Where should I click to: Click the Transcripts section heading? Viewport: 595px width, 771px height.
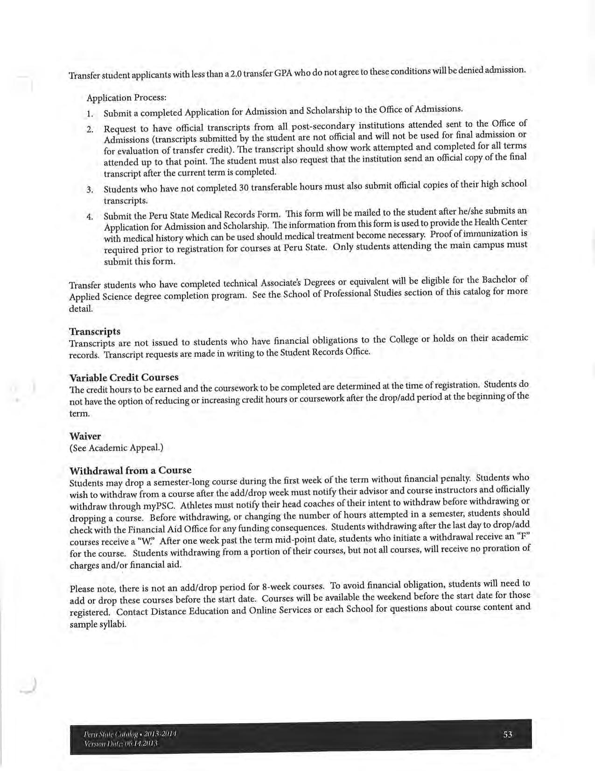coord(95,331)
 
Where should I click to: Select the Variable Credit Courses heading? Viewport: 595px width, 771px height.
coord(124,377)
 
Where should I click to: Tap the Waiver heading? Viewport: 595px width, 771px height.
coord(85,436)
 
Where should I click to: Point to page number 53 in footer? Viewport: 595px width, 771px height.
coord(508,734)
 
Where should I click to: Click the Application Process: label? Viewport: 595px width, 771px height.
coord(126,98)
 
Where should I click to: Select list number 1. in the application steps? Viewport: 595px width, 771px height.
coord(90,114)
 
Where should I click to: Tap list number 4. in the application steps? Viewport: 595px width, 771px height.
coord(90,217)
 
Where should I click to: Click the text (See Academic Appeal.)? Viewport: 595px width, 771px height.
coord(116,448)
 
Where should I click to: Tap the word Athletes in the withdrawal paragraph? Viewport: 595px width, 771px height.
coord(196,505)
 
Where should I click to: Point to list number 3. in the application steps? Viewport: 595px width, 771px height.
coord(90,190)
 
